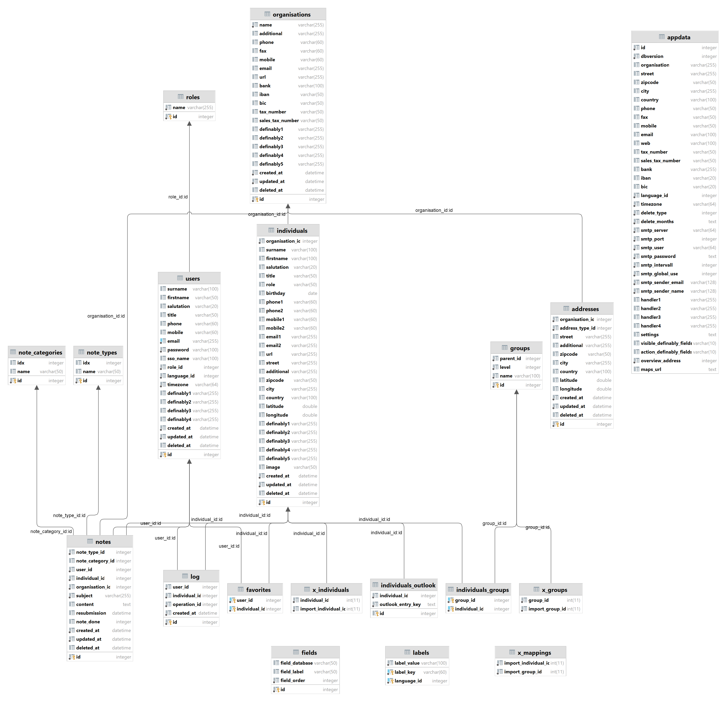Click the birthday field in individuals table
(276, 293)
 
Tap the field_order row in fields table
(293, 680)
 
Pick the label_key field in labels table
(405, 672)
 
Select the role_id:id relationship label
(178, 197)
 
